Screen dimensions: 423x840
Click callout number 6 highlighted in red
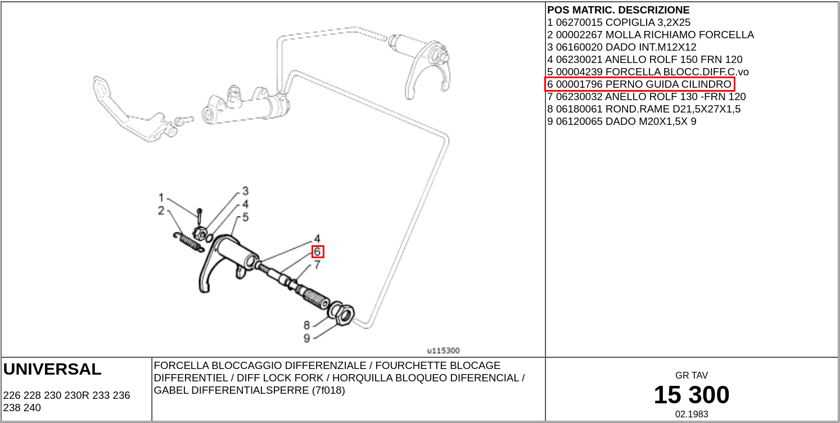point(318,252)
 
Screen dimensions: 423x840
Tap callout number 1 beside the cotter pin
point(161,197)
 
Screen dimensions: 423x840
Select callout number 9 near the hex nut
point(306,338)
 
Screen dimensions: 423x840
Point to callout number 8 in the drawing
point(306,325)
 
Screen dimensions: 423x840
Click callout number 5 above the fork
point(246,217)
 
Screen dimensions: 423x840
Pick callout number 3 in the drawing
point(246,191)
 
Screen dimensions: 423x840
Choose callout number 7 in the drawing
point(317,264)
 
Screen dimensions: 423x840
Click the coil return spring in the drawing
point(188,241)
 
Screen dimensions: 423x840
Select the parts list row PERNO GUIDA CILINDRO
point(640,84)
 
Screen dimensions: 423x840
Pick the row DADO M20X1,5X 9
point(621,121)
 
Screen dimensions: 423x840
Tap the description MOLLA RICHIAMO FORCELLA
point(679,35)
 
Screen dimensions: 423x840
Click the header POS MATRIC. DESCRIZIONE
point(618,10)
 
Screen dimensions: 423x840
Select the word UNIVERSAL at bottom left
point(52,370)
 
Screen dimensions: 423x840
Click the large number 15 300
point(691,395)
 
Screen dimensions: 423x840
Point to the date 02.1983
point(692,414)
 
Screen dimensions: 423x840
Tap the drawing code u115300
point(443,350)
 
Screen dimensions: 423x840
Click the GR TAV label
point(692,375)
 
